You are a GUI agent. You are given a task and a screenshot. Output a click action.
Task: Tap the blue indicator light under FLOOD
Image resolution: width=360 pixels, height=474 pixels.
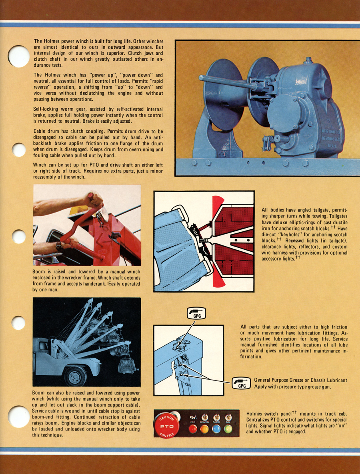coord(216,429)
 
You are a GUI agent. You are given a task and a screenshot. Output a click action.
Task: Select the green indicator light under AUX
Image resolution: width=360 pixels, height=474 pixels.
coord(228,429)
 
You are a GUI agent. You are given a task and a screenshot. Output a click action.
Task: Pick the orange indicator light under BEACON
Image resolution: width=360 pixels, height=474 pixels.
coord(205,429)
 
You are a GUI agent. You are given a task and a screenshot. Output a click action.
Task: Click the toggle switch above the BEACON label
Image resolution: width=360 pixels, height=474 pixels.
coord(205,417)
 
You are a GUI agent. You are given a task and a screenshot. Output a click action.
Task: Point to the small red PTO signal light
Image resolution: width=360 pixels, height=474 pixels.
coord(193,429)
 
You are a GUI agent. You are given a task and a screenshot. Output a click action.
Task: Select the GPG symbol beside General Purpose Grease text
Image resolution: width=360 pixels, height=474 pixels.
coord(242,383)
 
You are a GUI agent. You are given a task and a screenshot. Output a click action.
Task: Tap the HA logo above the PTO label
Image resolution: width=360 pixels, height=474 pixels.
coord(193,417)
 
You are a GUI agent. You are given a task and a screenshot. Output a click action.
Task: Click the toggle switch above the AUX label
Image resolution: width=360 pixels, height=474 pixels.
coord(228,417)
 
